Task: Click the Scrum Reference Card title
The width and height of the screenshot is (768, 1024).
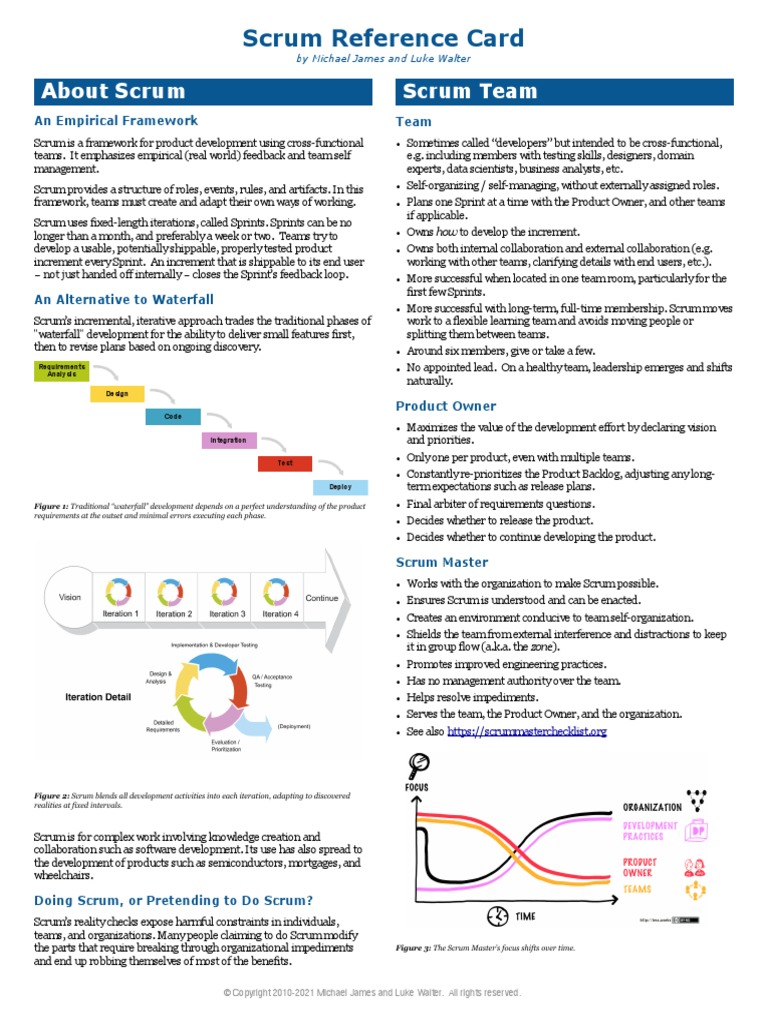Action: point(384,38)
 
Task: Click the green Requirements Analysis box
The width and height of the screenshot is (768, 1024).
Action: point(61,372)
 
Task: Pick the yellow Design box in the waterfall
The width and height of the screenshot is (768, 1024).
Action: point(117,394)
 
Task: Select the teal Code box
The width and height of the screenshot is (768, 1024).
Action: point(173,417)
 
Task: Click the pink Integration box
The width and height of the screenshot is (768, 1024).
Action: point(228,440)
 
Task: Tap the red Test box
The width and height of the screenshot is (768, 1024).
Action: point(285,463)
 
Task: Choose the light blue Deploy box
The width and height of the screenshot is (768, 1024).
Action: point(340,487)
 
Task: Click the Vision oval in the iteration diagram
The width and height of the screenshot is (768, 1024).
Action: point(70,597)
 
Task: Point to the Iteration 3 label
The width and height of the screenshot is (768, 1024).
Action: point(226,614)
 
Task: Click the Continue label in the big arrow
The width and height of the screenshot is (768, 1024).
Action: point(322,598)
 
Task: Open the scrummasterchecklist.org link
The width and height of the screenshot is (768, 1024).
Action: point(527,731)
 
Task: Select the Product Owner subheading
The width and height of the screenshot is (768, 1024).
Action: point(446,406)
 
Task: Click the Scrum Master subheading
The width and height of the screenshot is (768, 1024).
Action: point(442,562)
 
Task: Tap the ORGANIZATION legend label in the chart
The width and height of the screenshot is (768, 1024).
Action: point(652,806)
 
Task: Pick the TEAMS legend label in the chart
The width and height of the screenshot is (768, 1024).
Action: point(637,889)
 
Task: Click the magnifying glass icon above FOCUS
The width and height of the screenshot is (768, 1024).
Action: point(418,766)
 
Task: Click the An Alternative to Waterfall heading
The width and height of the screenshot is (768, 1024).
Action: point(124,299)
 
